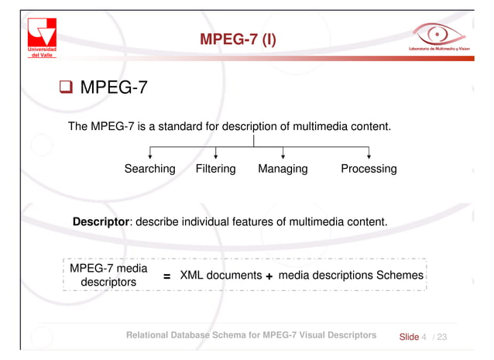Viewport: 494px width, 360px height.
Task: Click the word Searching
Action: [149, 169]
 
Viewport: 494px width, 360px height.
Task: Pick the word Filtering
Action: [215, 169]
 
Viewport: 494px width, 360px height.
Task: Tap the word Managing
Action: [283, 169]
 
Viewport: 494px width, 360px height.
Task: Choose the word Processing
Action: [369, 169]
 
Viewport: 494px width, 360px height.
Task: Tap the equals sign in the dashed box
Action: [166, 277]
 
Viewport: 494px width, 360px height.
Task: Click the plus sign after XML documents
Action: [269, 277]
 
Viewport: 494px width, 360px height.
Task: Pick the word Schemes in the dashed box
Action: [400, 275]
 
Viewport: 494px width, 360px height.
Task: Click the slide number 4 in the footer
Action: [424, 337]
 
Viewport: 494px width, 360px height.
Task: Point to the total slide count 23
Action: [442, 337]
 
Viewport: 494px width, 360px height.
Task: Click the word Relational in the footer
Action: [153, 336]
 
